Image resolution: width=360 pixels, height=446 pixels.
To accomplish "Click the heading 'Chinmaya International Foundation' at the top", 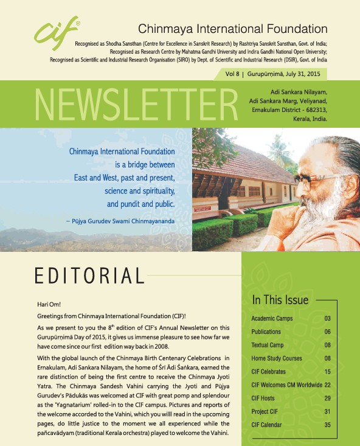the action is (233, 29).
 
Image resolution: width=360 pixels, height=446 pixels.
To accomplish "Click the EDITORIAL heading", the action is (89, 276).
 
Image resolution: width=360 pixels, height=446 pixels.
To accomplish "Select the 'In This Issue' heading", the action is (280, 300).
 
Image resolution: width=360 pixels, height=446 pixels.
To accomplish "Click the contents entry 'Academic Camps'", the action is (272, 319).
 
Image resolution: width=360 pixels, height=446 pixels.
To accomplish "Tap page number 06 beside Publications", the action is (327, 332).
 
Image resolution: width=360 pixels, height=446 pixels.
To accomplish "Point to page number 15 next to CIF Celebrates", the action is (327, 372).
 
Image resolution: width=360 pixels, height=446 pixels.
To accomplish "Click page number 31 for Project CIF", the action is (327, 411).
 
